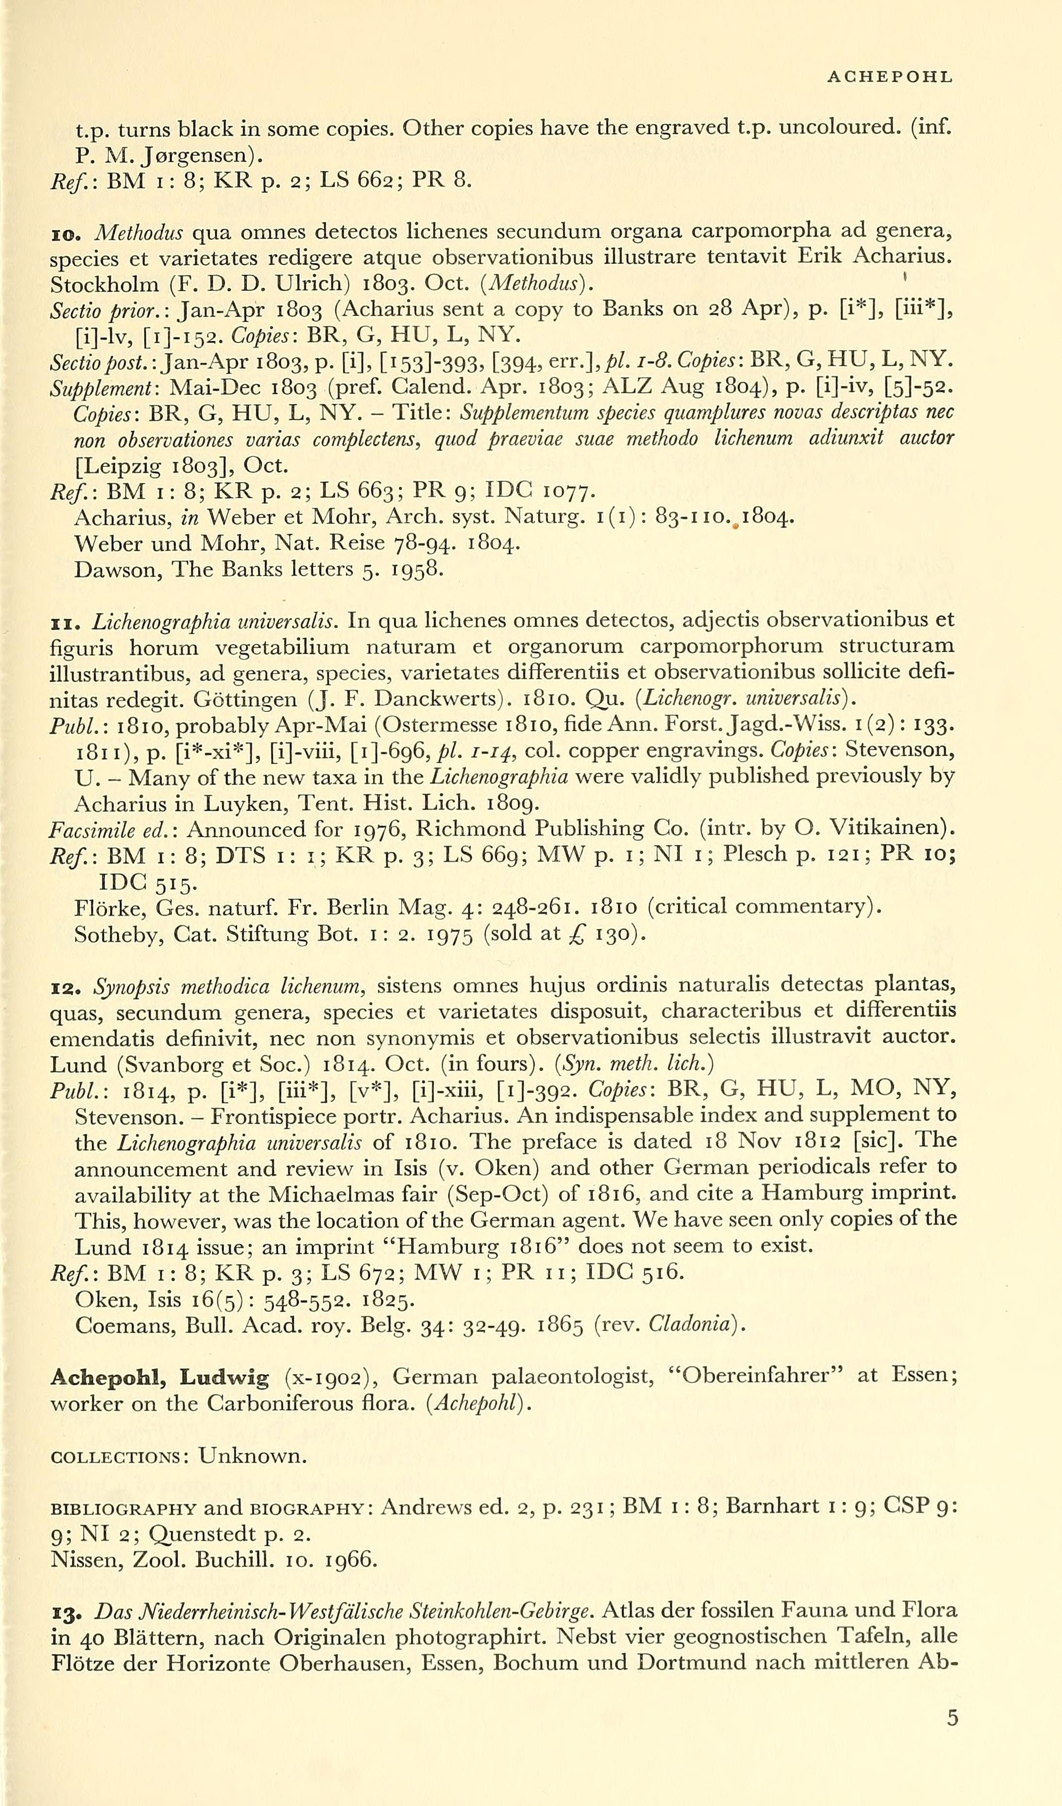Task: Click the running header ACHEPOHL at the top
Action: (889, 77)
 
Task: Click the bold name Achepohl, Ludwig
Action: (159, 1377)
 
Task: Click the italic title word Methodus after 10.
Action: (139, 232)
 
